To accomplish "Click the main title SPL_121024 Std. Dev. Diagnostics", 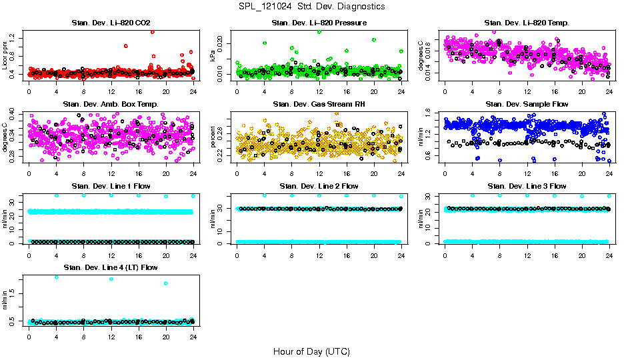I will tap(311, 7).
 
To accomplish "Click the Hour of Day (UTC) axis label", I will tap(311, 351).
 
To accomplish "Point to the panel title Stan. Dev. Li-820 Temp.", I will tap(527, 23).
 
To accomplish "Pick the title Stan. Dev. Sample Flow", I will tap(527, 105).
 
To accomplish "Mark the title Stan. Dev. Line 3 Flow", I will tap(527, 186).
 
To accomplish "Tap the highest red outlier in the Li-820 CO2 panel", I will tap(153, 31).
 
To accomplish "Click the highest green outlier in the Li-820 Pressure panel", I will tap(319, 31).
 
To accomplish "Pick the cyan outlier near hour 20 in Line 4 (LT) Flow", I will tap(165, 283).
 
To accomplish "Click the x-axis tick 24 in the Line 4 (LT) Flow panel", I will tap(193, 337).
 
